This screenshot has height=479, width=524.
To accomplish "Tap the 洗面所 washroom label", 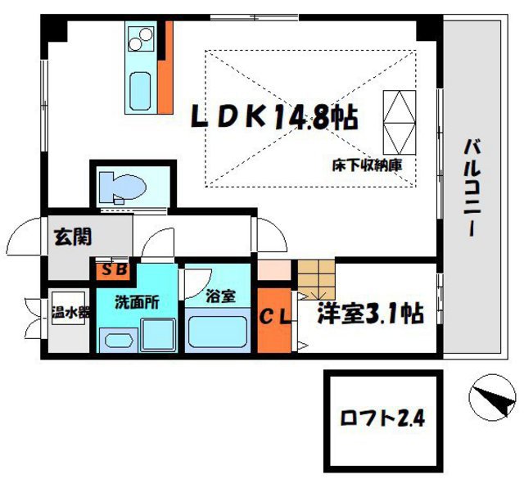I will pyautogui.click(x=136, y=301).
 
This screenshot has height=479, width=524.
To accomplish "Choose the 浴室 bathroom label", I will pyautogui.click(x=221, y=296).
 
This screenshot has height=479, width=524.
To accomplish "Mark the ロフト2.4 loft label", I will pyautogui.click(x=382, y=421).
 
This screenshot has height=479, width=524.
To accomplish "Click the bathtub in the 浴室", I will pyautogui.click(x=218, y=332).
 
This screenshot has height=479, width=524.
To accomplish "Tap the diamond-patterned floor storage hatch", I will pyautogui.click(x=399, y=120).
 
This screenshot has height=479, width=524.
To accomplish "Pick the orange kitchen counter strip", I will pyautogui.click(x=166, y=69).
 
